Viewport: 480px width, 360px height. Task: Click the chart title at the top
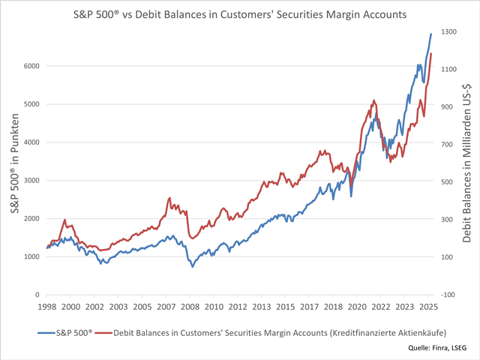(240, 13)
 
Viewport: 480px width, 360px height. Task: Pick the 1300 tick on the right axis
(447, 31)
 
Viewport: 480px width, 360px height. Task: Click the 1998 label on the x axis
(46, 307)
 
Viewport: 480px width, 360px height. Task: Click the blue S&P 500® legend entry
(64, 331)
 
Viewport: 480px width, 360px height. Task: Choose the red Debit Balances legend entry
(285, 331)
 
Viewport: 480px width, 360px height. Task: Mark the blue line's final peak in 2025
(431, 34)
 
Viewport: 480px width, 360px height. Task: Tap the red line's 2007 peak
(169, 198)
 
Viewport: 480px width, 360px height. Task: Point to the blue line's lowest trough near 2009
(193, 266)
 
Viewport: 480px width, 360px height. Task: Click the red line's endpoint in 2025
(431, 53)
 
